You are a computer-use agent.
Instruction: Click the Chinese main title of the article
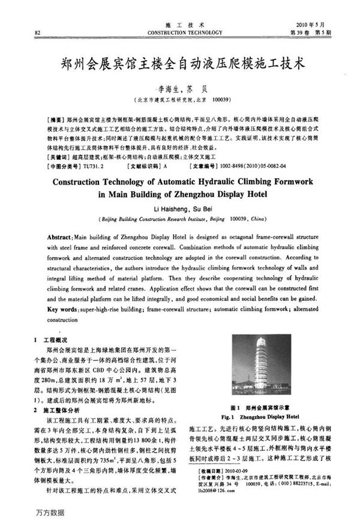pyautogui.click(x=180, y=61)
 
